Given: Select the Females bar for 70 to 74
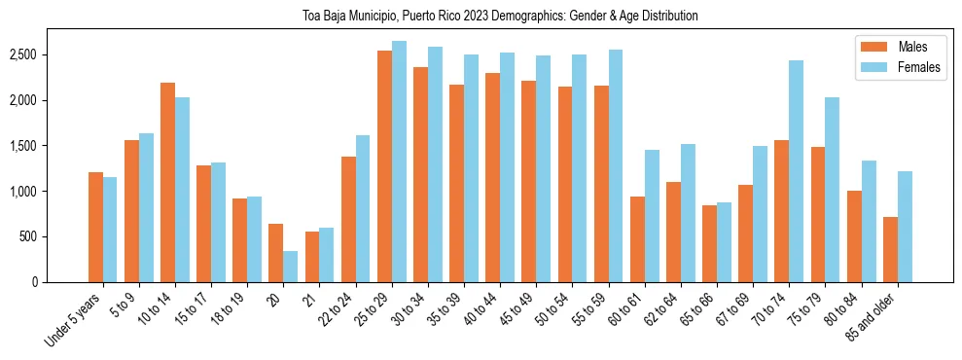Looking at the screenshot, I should tap(796, 171).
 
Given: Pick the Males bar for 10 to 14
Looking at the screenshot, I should tap(167, 183).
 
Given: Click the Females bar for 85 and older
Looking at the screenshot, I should tap(905, 227).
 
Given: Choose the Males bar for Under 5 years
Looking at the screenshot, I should tap(95, 227).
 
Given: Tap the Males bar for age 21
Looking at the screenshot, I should tap(312, 257).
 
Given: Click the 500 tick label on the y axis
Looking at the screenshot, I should tap(57, 236).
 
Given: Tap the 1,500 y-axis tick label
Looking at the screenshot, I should tap(52, 146).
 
